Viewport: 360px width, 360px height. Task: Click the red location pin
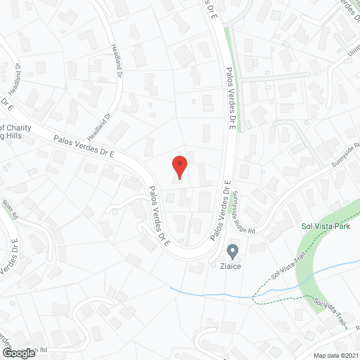(179, 166)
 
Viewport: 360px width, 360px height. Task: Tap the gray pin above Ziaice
(232, 250)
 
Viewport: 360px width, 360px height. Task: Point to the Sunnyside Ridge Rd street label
(244, 212)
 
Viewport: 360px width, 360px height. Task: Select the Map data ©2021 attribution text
(336, 355)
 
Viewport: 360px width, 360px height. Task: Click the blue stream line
(214, 294)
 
